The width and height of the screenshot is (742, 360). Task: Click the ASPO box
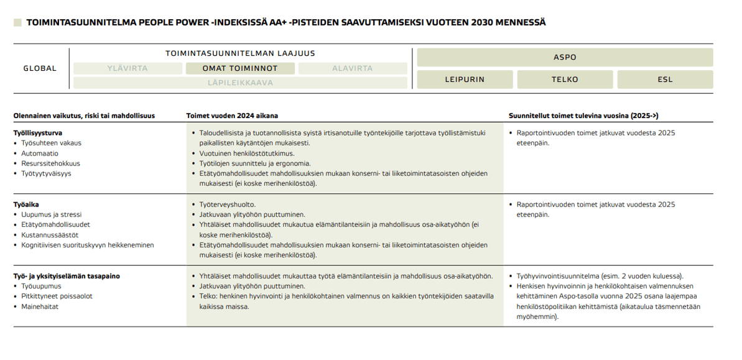pyautogui.click(x=565, y=57)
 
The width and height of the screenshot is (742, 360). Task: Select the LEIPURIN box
pyautogui.click(x=465, y=79)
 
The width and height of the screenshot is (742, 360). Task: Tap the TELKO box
pyautogui.click(x=565, y=79)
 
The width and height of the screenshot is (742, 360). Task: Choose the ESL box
pyautogui.click(x=665, y=79)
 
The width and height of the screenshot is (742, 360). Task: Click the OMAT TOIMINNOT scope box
pyautogui.click(x=240, y=68)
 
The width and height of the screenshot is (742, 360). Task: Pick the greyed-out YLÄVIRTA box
pyautogui.click(x=128, y=68)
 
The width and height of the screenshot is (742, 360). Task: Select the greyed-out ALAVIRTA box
pyautogui.click(x=353, y=68)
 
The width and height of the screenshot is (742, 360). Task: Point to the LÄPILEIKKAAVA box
pyautogui.click(x=240, y=82)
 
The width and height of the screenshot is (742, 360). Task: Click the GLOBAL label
pyautogui.click(x=40, y=68)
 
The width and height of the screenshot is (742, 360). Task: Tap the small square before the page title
pyautogui.click(x=17, y=22)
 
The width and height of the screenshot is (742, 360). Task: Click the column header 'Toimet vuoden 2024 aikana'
pyautogui.click(x=233, y=116)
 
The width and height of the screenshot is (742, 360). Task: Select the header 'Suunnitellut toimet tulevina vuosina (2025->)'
pyautogui.click(x=583, y=116)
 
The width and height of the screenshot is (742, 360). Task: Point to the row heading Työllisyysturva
pyautogui.click(x=38, y=132)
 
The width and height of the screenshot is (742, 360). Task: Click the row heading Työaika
pyautogui.click(x=27, y=205)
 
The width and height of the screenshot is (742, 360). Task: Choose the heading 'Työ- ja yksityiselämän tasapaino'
pyautogui.click(x=67, y=276)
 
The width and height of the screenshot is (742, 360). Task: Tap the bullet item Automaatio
pyautogui.click(x=40, y=153)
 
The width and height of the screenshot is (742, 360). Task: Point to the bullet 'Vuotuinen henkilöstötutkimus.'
pyautogui.click(x=247, y=153)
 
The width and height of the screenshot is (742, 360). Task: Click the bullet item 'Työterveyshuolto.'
pyautogui.click(x=227, y=205)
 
